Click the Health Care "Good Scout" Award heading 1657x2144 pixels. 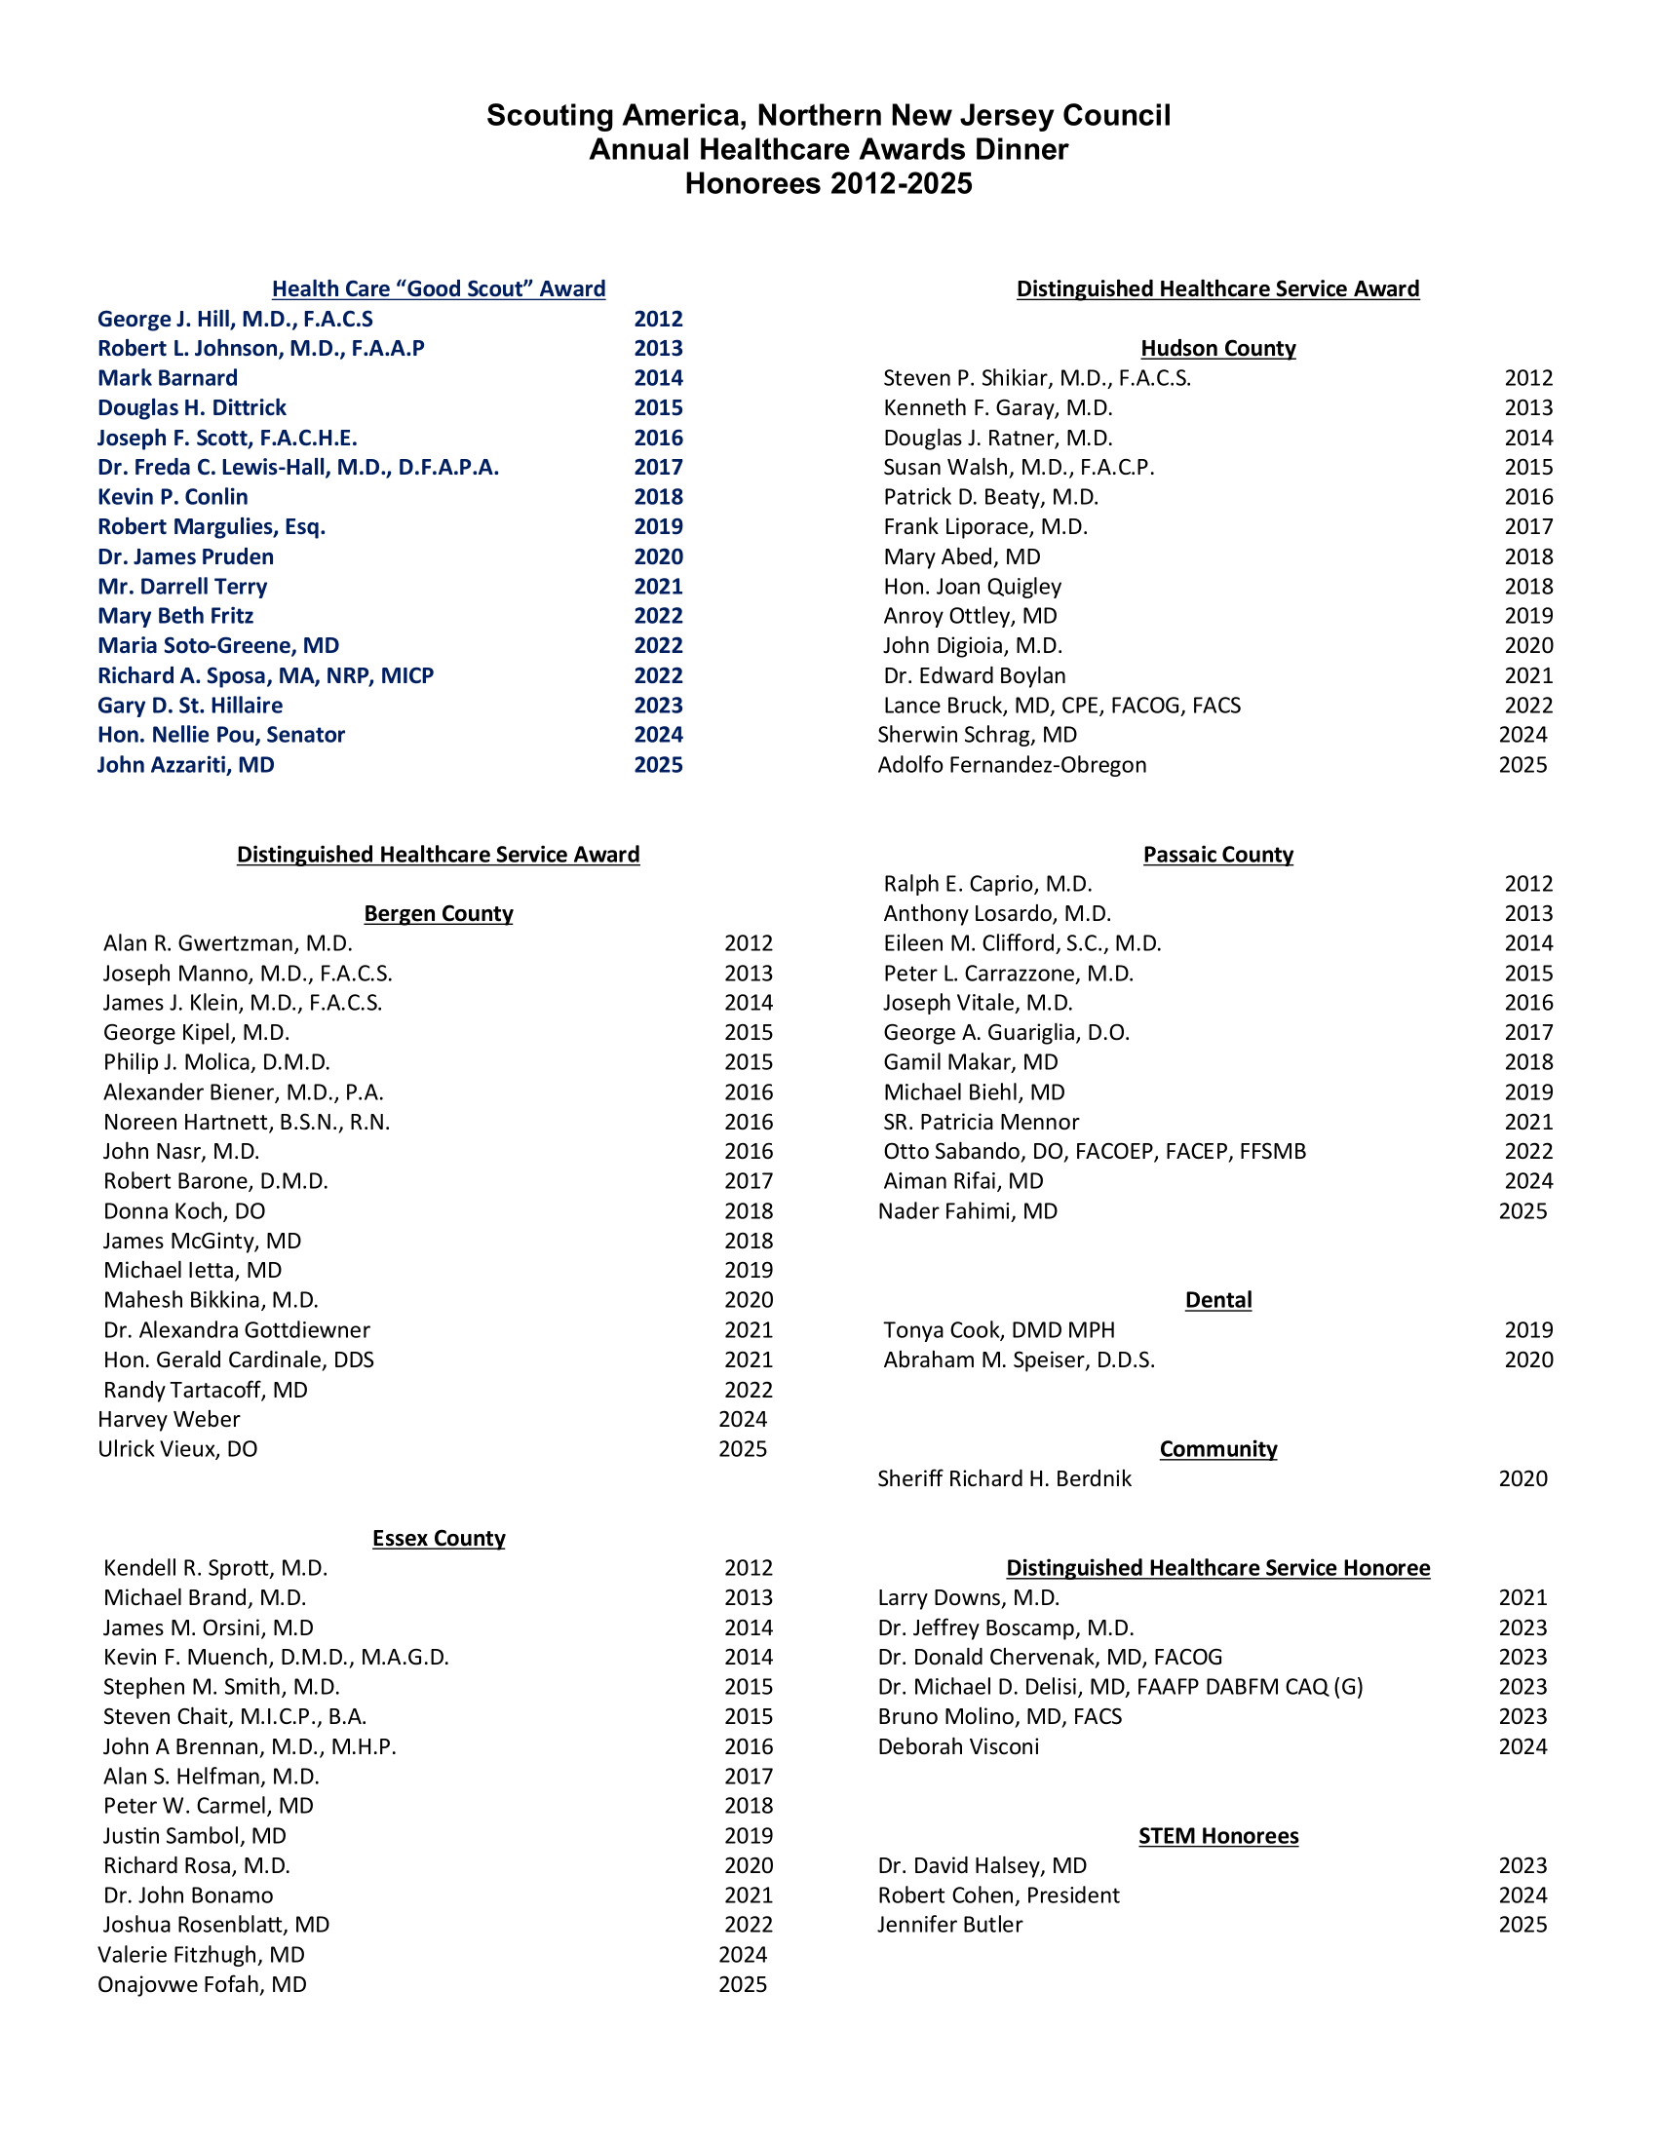tap(438, 288)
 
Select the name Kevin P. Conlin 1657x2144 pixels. tap(173, 497)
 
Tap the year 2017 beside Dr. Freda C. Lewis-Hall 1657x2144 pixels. tap(658, 467)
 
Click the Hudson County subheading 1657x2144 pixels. tap(1217, 349)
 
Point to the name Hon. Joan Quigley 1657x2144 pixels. tap(972, 586)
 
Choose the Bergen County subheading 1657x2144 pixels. tap(438, 913)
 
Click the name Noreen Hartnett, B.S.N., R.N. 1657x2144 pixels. tap(247, 1121)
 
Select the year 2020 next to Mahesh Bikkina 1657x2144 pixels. tap(748, 1300)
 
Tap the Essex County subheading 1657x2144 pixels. tap(438, 1538)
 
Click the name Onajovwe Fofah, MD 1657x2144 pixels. tap(202, 1984)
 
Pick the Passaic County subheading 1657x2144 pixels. tap(1217, 854)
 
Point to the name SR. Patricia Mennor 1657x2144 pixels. tap(981, 1121)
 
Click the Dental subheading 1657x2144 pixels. tap(1217, 1300)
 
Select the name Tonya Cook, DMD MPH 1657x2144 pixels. tap(998, 1329)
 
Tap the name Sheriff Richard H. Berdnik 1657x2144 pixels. tap(1004, 1478)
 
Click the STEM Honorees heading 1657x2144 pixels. tap(1217, 1836)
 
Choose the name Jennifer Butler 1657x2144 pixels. tap(949, 1924)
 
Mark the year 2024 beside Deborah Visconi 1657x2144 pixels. tap(1522, 1746)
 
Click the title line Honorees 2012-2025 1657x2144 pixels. tap(828, 183)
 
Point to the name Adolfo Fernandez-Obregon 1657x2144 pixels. tap(1011, 765)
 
